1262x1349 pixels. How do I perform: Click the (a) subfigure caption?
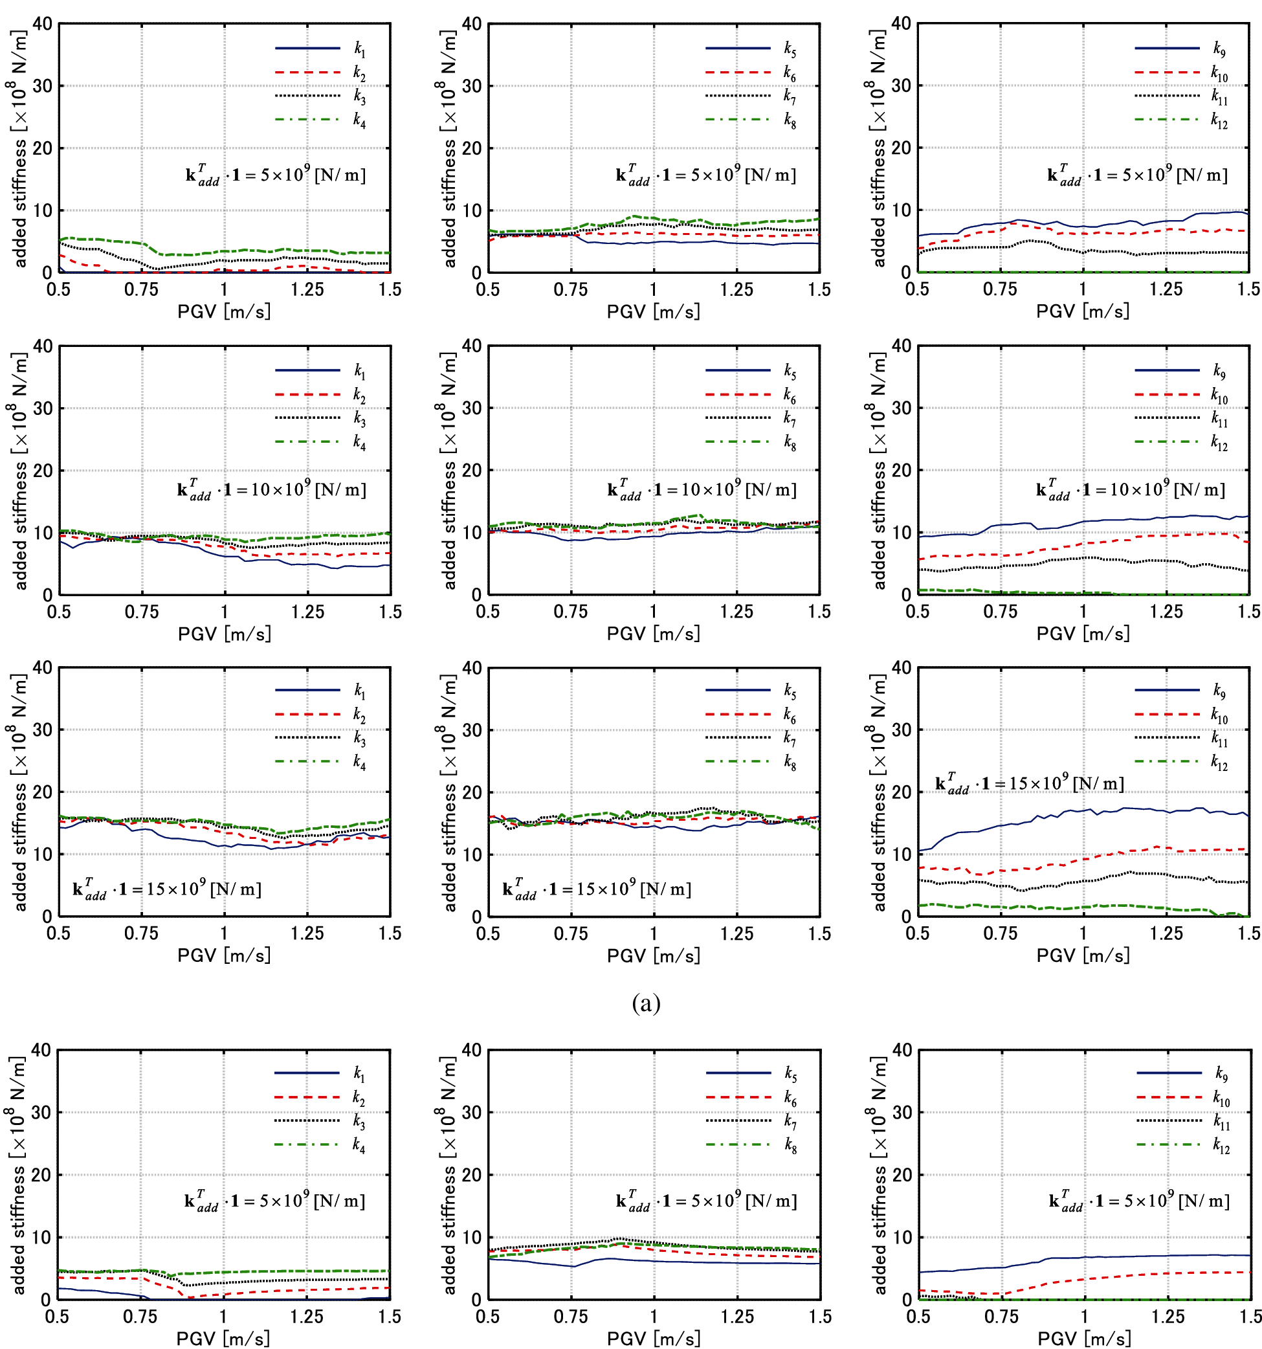pyautogui.click(x=645, y=1003)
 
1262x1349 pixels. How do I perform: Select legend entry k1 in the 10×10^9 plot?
pyautogui.click(x=359, y=370)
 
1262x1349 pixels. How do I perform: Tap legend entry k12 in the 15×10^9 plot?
pyautogui.click(x=1219, y=762)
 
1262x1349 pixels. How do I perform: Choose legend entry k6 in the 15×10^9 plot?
pyautogui.click(x=789, y=715)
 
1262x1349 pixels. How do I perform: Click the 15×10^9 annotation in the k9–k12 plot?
pyautogui.click(x=1028, y=783)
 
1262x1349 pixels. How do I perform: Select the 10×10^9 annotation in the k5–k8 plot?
pyautogui.click(x=702, y=489)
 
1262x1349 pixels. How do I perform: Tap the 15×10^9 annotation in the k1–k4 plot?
pyautogui.click(x=166, y=888)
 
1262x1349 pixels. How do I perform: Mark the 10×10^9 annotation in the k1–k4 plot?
pyautogui.click(x=271, y=489)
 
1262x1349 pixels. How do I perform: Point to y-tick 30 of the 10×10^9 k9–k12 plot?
pyautogui.click(x=901, y=408)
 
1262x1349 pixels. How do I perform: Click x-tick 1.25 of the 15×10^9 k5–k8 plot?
pyautogui.click(x=736, y=933)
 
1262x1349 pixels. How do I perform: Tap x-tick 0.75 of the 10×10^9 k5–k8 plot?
pyautogui.click(x=571, y=612)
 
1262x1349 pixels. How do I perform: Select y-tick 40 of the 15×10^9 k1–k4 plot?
pyautogui.click(x=42, y=668)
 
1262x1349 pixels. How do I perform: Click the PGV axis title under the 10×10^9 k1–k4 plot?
pyautogui.click(x=224, y=634)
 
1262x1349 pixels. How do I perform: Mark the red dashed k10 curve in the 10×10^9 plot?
pyautogui.click(x=1085, y=543)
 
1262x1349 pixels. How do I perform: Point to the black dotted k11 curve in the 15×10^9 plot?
pyautogui.click(x=1085, y=881)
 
